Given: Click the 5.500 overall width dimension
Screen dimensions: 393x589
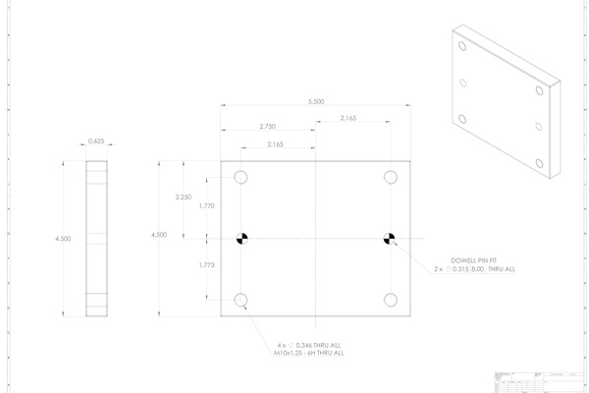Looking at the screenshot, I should click(x=315, y=101).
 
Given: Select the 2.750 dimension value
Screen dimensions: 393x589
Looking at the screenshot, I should click(x=268, y=127).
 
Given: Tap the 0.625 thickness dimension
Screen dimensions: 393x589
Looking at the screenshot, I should click(x=96, y=141).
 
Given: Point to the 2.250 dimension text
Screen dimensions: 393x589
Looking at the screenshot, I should click(x=183, y=197).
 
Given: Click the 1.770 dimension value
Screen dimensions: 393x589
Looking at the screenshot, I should click(x=206, y=206).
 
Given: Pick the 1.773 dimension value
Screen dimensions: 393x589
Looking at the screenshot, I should click(x=206, y=266).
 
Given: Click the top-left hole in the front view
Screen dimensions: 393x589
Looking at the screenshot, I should click(x=241, y=178).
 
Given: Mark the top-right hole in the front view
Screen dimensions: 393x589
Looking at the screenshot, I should click(x=391, y=178).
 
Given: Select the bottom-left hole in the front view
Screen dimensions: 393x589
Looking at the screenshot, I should click(x=241, y=299).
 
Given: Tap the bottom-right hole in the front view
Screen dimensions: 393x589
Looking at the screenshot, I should click(x=391, y=299).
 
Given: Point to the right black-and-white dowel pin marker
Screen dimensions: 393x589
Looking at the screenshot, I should click(x=391, y=238).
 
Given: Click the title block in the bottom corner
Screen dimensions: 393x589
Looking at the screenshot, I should click(x=534, y=381).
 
